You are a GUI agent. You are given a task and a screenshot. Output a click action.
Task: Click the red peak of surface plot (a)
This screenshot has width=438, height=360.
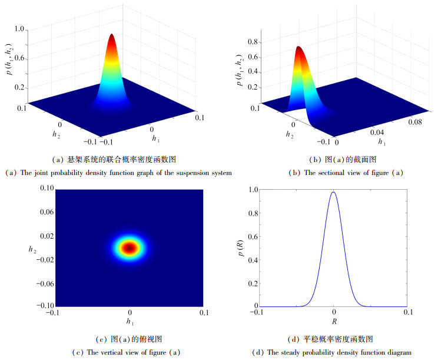(112, 37)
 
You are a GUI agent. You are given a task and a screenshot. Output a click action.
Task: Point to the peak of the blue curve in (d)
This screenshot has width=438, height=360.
(333, 192)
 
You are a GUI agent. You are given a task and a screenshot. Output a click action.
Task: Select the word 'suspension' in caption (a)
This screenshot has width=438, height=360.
(188, 173)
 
